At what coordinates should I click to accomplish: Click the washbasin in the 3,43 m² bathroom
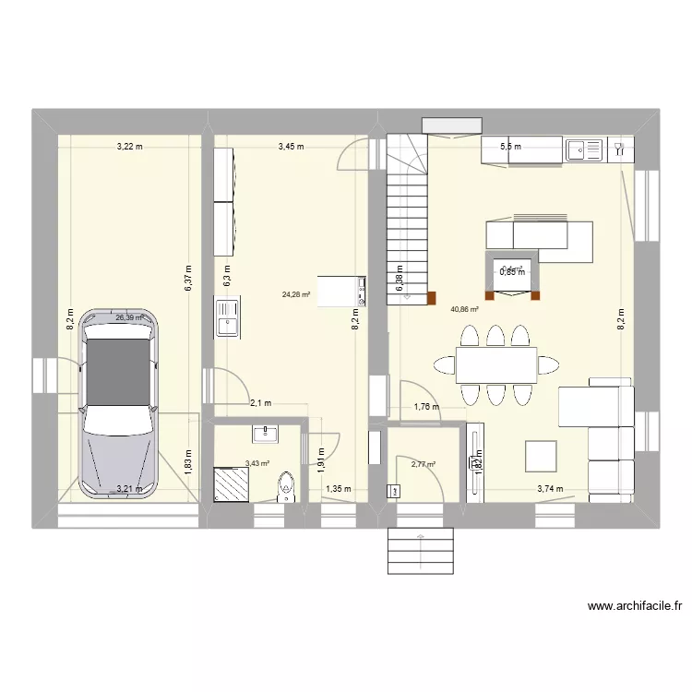[268, 432]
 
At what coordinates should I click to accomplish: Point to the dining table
[496, 365]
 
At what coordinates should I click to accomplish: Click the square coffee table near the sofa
[541, 457]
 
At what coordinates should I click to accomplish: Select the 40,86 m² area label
[464, 311]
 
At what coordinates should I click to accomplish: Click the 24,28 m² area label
[295, 295]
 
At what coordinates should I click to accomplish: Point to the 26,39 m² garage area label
[130, 317]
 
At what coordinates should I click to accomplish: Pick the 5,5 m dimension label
[510, 147]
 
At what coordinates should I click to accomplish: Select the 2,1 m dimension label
[260, 403]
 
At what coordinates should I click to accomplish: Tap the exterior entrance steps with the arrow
[421, 551]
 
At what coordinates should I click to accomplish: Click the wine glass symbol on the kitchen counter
[616, 146]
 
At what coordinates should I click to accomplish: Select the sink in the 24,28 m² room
[227, 316]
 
